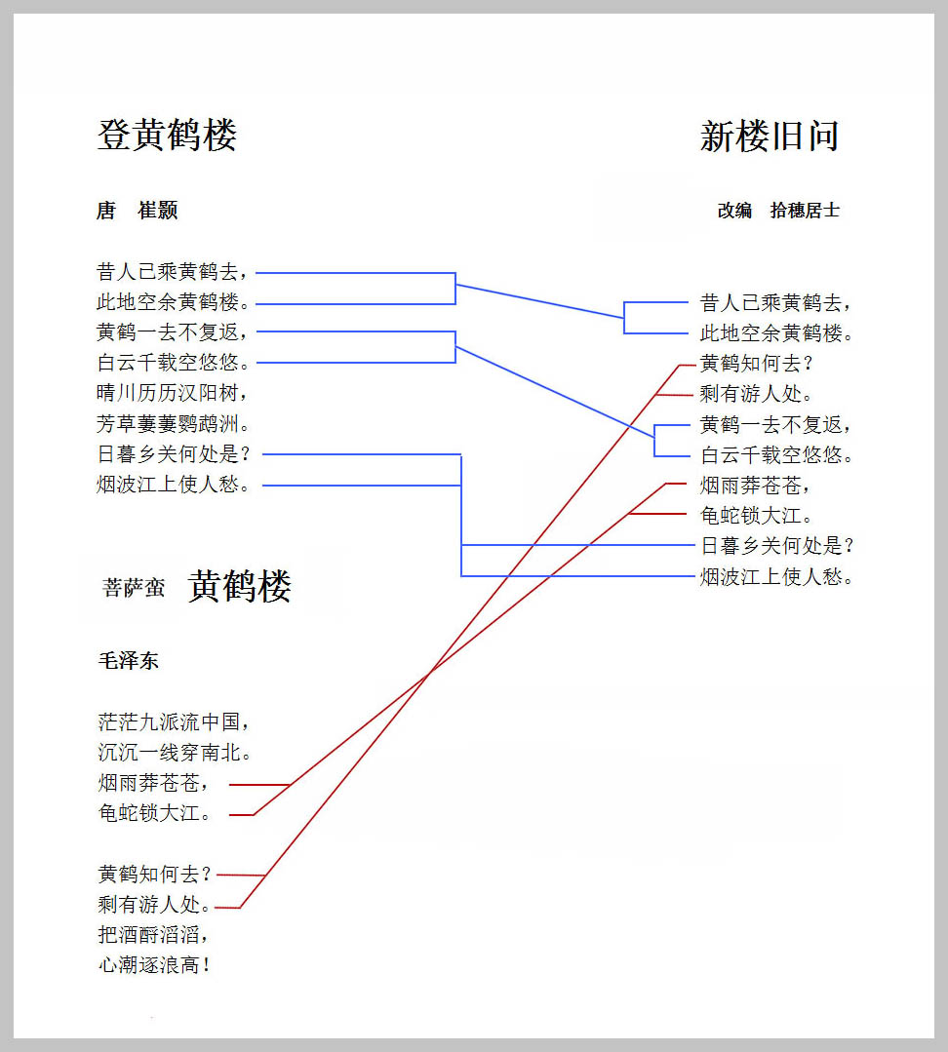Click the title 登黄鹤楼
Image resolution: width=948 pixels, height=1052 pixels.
tap(167, 135)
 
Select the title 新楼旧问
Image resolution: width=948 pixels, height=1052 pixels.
tap(770, 136)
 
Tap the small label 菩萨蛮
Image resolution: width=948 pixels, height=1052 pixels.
tap(134, 588)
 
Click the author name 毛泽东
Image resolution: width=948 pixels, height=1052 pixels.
tap(128, 661)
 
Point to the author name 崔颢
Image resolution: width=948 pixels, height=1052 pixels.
tap(158, 210)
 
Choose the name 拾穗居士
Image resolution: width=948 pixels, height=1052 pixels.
tap(805, 211)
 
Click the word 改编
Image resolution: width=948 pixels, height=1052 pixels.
tap(734, 211)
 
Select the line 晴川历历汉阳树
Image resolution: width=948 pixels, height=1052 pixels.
tap(173, 393)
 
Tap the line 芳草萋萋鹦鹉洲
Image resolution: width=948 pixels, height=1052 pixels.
tap(173, 423)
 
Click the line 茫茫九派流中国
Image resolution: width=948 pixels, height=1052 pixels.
tap(174, 721)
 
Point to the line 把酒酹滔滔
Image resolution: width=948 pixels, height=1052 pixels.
tap(153, 935)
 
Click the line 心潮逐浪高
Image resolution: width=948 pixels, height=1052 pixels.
tap(154, 965)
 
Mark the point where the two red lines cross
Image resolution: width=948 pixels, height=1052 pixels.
tap(429, 672)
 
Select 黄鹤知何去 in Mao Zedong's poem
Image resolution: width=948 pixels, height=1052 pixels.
tap(154, 875)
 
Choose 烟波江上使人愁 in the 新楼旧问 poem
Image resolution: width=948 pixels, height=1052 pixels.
tap(776, 576)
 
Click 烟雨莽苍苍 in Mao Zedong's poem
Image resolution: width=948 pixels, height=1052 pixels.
tap(153, 783)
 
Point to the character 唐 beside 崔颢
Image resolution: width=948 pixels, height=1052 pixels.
tap(106, 210)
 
